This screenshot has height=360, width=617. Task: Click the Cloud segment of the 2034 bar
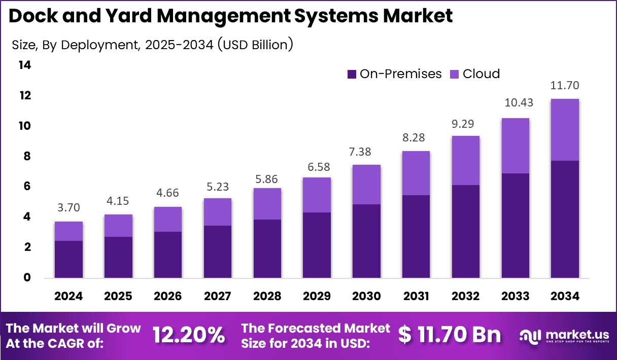[565, 130]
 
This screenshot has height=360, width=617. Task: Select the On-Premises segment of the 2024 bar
[68, 259]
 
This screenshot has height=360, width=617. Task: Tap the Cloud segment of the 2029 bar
[317, 195]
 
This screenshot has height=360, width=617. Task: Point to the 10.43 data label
[516, 102]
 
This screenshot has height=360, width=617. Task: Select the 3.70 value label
[68, 207]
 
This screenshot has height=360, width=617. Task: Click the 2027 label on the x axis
[217, 296]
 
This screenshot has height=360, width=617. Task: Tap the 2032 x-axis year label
[465, 296]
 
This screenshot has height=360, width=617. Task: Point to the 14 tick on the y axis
[24, 65]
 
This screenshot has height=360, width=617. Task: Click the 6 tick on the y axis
[27, 187]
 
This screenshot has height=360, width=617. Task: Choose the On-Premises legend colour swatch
[352, 74]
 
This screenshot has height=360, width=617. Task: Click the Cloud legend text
[481, 74]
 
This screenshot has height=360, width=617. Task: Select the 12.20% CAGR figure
[188, 335]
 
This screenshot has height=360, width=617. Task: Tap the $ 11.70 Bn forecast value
[450, 335]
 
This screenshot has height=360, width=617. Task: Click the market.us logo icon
[531, 335]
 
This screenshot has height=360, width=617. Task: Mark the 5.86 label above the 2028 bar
[267, 179]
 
